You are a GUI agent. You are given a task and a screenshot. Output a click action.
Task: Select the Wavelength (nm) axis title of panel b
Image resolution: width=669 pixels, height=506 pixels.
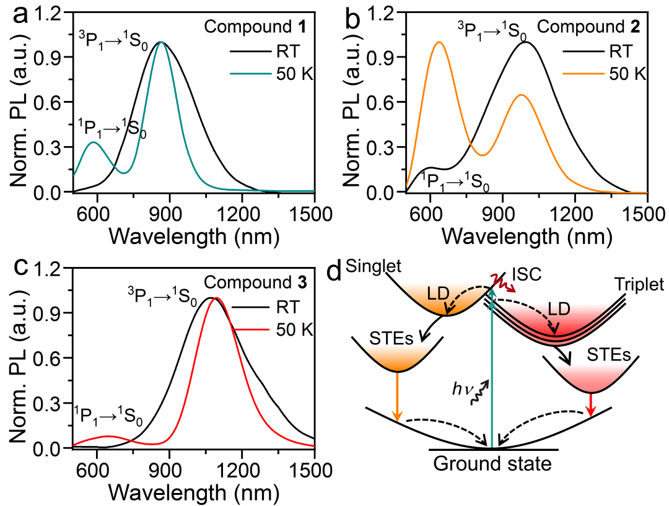click(528, 236)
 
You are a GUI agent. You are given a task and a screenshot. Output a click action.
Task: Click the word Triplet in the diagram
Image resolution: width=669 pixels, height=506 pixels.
click(638, 284)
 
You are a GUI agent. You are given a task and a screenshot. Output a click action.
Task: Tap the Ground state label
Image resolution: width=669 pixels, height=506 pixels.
click(492, 465)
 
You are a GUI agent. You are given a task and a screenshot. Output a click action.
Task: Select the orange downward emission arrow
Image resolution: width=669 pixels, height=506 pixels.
click(397, 396)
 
